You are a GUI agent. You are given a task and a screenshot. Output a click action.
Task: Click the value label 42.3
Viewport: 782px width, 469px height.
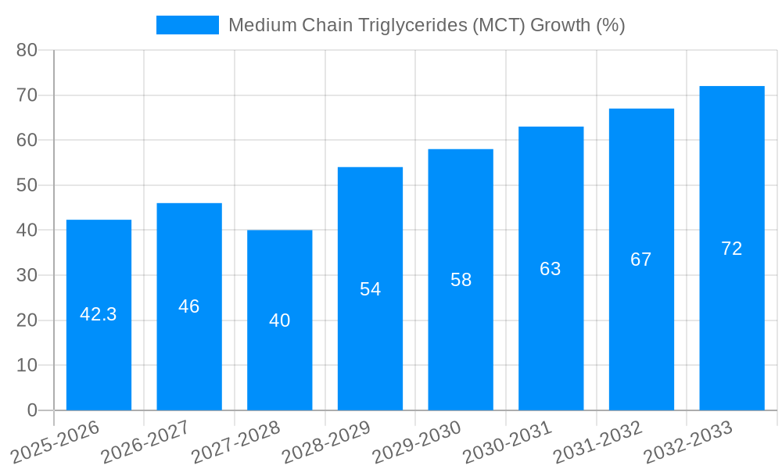point(99,314)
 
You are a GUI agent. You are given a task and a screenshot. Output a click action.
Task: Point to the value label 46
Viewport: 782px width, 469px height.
point(188,306)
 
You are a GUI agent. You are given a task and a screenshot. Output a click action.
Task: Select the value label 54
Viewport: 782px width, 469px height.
point(370,289)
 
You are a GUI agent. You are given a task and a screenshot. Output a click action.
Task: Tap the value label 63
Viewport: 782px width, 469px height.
point(551,269)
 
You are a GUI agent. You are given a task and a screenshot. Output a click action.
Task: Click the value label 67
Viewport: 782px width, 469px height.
point(640,260)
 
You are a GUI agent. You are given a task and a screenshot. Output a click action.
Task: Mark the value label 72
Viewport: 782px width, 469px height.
point(731,249)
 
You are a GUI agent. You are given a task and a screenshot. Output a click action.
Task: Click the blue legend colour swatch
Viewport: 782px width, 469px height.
point(188,25)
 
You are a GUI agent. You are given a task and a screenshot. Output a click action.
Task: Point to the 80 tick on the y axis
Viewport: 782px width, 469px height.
point(27,50)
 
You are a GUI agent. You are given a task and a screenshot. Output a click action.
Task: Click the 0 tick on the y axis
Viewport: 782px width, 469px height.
point(32,410)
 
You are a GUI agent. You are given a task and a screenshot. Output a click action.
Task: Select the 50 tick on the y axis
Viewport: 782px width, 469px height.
point(27,185)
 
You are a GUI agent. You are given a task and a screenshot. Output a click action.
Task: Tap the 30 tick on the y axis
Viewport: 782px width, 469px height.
point(27,275)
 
